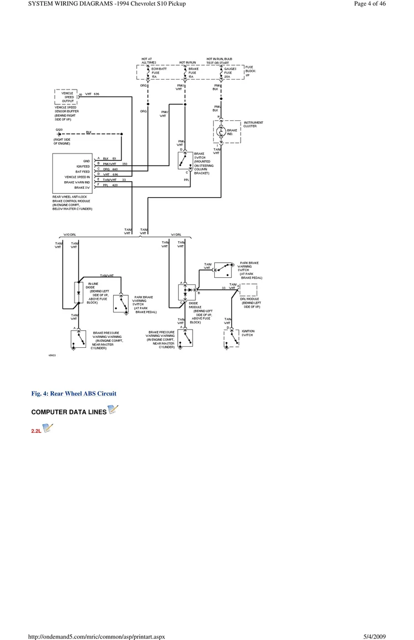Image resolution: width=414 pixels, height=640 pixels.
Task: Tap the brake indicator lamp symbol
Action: tap(221, 132)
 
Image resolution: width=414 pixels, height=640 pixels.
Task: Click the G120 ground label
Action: tap(59, 129)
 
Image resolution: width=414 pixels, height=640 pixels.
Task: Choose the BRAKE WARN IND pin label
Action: tap(77, 182)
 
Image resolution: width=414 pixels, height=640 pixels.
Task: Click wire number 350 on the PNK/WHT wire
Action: tap(125, 164)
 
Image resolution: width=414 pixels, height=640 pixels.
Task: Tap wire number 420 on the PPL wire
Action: tap(115, 185)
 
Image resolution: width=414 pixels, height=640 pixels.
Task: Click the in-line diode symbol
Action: tap(78, 291)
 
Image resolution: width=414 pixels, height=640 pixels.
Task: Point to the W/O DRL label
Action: tap(70, 235)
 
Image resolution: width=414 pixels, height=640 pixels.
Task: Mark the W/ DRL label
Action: tap(177, 235)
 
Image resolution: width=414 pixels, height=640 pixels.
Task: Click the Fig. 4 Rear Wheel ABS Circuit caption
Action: tap(74, 393)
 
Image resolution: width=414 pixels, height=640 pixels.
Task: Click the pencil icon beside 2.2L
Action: tap(48, 427)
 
